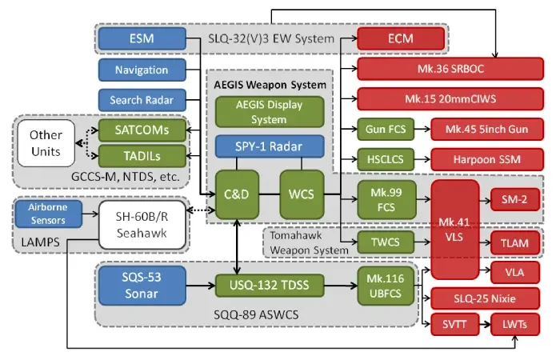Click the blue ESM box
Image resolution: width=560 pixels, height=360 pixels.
[141, 38]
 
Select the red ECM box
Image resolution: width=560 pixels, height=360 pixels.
[400, 38]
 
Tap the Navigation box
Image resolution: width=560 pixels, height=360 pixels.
[141, 70]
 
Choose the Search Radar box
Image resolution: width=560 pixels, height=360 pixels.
[141, 100]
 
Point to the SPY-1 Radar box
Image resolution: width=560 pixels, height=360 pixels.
[269, 147]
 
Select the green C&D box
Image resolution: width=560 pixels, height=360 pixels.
[235, 194]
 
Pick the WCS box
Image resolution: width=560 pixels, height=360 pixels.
[302, 194]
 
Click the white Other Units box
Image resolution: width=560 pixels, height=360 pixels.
[46, 142]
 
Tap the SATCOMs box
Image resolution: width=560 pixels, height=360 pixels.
[141, 130]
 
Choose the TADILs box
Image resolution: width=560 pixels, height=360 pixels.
[141, 154]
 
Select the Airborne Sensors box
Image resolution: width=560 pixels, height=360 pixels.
[48, 212]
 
